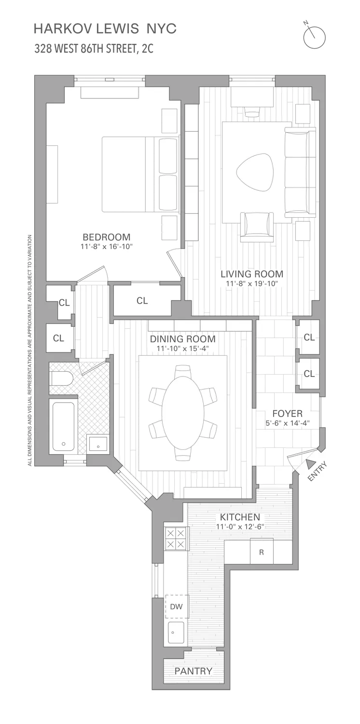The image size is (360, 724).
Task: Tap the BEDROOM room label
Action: coord(107,237)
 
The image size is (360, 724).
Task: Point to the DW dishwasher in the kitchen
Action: coord(177,607)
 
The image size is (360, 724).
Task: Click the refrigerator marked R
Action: coord(262,552)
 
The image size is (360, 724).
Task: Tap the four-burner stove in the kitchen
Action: coord(176,538)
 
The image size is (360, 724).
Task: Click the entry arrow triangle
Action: coord(309,464)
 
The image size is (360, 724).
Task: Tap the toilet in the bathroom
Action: coord(61,378)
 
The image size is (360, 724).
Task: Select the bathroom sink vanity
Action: coord(98,444)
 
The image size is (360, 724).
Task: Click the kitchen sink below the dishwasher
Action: coord(176,632)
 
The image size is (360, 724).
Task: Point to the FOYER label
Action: coord(287,414)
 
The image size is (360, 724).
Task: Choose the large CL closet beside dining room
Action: coord(142,301)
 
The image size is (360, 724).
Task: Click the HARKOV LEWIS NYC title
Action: coord(105,29)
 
